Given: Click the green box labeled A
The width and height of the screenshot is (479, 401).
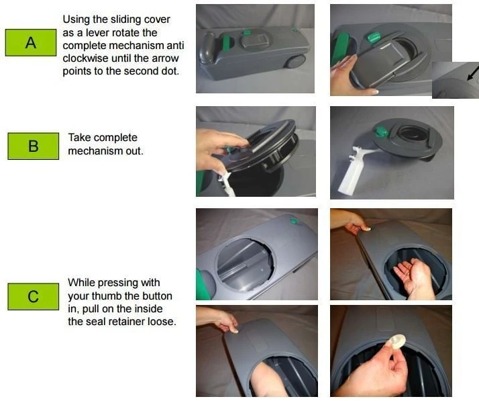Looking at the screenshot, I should pos(30,42).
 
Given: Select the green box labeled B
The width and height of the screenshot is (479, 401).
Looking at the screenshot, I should pos(33,146).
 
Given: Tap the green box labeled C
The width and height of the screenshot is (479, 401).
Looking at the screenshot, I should pos(33,296).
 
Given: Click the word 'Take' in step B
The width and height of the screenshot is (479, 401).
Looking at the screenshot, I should pos(79,138).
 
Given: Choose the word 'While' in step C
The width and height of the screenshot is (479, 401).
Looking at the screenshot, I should pos(82,283).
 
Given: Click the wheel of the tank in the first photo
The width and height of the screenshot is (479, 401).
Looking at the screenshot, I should pos(295,62).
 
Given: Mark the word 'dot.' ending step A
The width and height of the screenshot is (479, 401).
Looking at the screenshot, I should pos(168,71).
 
